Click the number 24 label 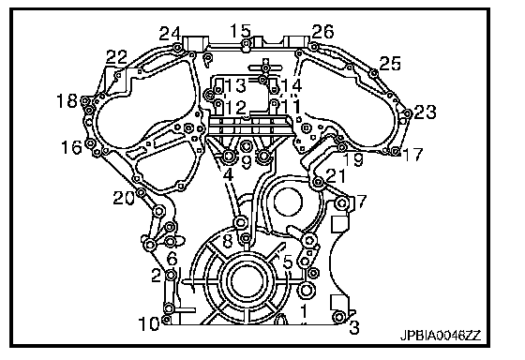170,34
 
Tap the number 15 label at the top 240,31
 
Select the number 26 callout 322,32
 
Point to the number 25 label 390,64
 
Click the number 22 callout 116,57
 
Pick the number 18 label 67,100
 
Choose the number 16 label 71,147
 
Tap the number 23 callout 425,112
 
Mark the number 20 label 124,198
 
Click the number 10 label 149,323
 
